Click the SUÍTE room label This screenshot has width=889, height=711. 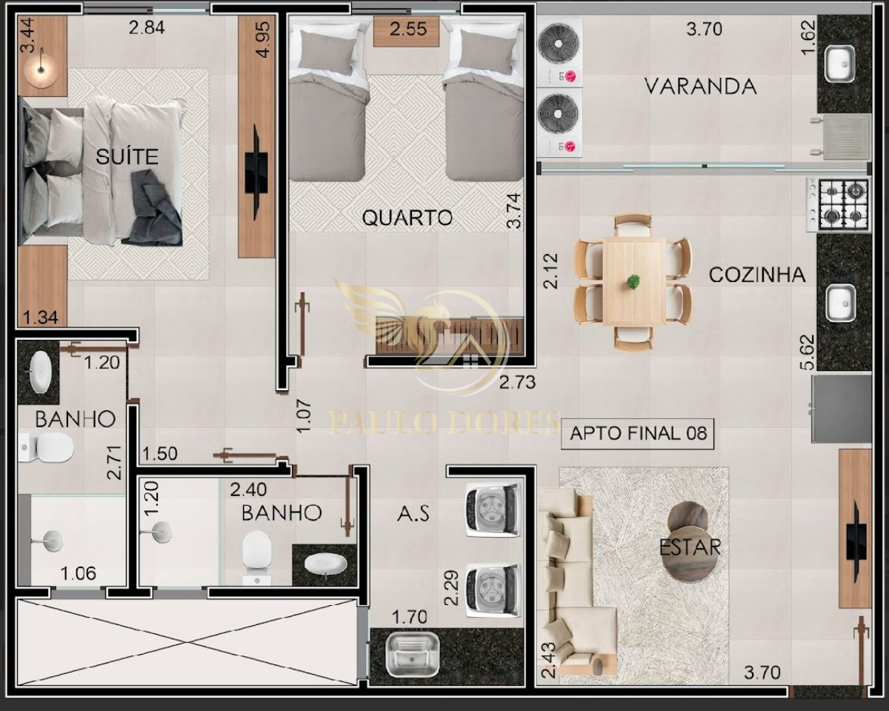[x=127, y=156]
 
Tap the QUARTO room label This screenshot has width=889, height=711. [x=407, y=218]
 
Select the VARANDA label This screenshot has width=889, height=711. [x=701, y=87]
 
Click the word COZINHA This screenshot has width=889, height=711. [x=757, y=275]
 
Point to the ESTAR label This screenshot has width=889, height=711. [x=690, y=547]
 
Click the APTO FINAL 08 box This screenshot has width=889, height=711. [x=637, y=434]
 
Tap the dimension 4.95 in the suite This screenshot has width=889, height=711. [x=263, y=39]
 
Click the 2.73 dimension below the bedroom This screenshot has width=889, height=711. [x=517, y=383]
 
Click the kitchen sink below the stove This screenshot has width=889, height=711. [x=841, y=303]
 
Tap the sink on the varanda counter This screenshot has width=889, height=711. [x=840, y=64]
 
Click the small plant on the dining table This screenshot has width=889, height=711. [x=633, y=281]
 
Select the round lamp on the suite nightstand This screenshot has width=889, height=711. [x=41, y=70]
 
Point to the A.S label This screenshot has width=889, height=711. [x=413, y=513]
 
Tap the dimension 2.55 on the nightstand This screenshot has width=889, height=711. [x=408, y=29]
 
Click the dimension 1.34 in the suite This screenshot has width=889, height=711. [x=40, y=318]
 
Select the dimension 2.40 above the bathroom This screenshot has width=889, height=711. [x=248, y=490]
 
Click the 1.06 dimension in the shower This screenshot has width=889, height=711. [x=78, y=573]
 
